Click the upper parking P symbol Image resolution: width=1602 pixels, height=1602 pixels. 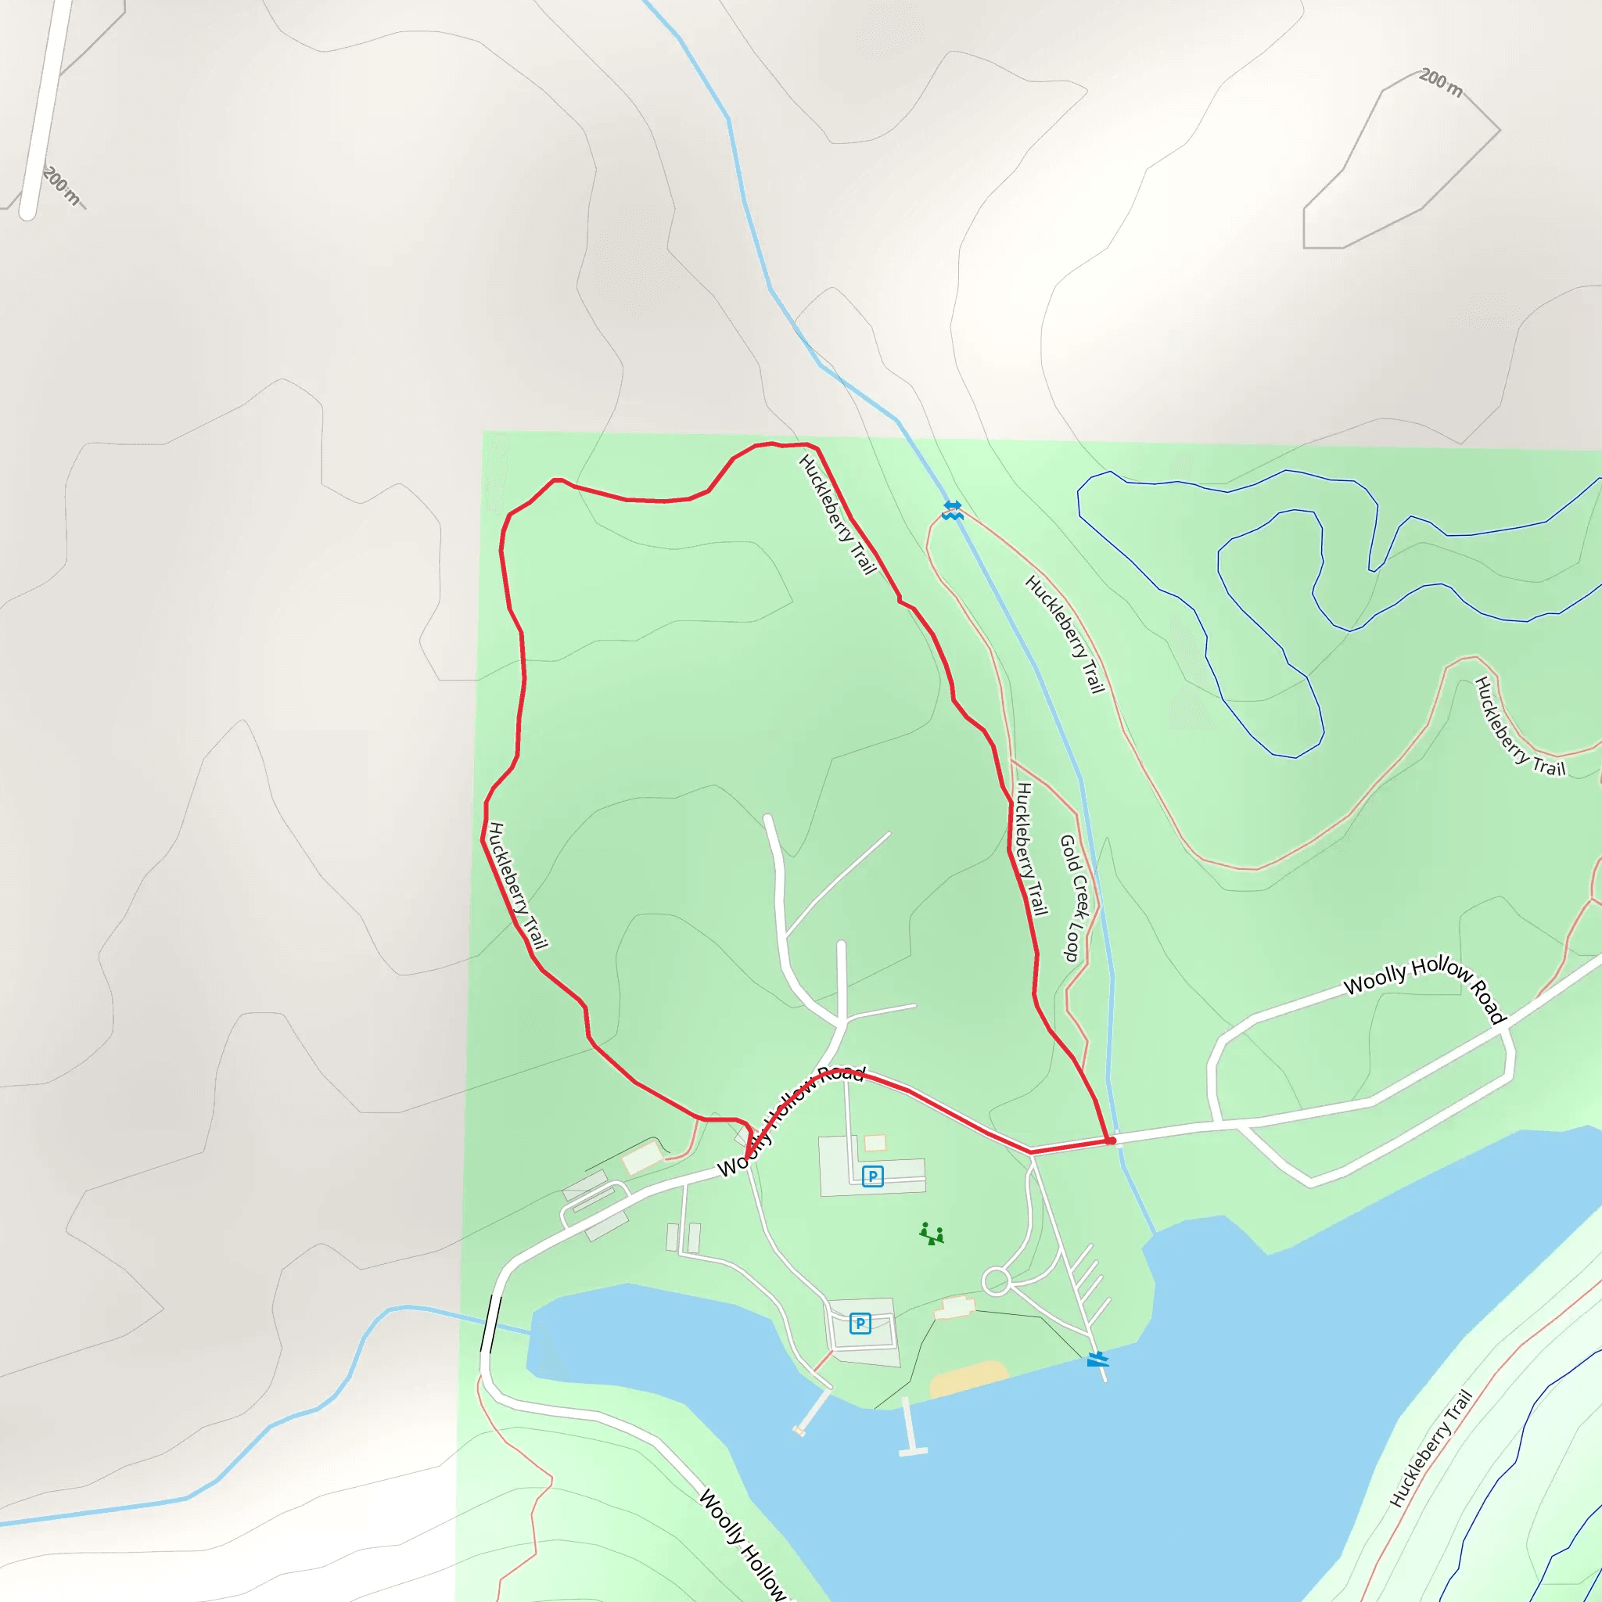click(x=872, y=1176)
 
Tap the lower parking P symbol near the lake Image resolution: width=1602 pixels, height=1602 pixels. click(x=860, y=1324)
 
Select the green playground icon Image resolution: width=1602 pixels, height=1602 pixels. click(x=931, y=1234)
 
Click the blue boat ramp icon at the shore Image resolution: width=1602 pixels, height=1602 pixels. click(x=1097, y=1359)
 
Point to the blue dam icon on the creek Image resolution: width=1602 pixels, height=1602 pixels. click(x=953, y=509)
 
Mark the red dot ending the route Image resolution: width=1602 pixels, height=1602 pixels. click(x=1111, y=1141)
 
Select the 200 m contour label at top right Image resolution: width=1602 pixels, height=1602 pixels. click(x=1441, y=82)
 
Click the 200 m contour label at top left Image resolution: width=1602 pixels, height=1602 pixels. click(x=63, y=185)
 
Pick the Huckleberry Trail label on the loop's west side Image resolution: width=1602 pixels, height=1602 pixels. click(x=519, y=885)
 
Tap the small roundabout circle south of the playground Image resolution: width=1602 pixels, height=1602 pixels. click(x=996, y=1281)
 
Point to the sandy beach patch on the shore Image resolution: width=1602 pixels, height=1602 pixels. click(x=968, y=1378)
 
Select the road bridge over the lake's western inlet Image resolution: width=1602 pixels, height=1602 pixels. click(x=491, y=1324)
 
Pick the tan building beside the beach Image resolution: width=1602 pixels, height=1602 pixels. click(x=954, y=1308)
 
